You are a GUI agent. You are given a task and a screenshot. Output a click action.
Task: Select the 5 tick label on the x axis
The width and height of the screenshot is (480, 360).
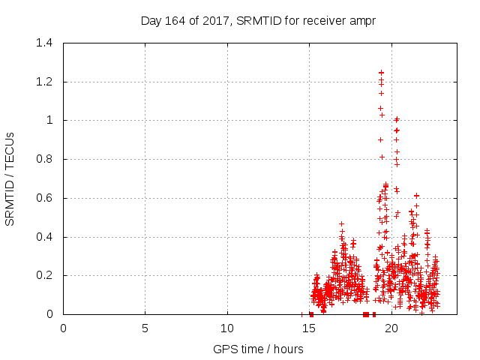(x=145, y=328)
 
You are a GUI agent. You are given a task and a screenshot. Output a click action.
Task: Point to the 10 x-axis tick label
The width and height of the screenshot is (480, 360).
(x=227, y=328)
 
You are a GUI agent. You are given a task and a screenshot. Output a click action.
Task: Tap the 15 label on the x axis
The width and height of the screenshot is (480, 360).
(x=310, y=328)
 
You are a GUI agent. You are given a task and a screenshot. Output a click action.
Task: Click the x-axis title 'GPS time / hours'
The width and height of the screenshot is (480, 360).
(x=257, y=349)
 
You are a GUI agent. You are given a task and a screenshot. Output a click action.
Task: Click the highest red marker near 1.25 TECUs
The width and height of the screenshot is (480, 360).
(x=381, y=73)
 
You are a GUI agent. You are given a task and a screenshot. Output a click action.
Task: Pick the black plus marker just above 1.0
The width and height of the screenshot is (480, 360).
(x=382, y=115)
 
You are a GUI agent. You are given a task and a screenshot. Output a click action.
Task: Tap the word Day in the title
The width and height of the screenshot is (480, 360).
(x=151, y=20)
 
